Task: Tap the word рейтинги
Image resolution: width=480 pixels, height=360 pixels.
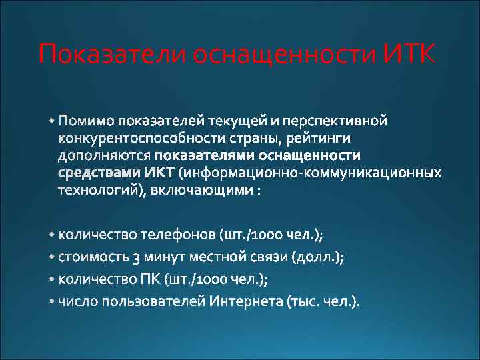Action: (323, 139)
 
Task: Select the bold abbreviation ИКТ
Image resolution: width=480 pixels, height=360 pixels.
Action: (159, 173)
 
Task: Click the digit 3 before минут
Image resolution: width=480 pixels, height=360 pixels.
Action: (136, 257)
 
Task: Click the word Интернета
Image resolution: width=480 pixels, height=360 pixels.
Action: (246, 302)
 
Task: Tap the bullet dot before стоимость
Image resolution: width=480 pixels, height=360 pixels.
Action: (52, 257)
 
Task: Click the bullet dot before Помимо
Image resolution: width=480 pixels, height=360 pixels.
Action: (52, 122)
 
